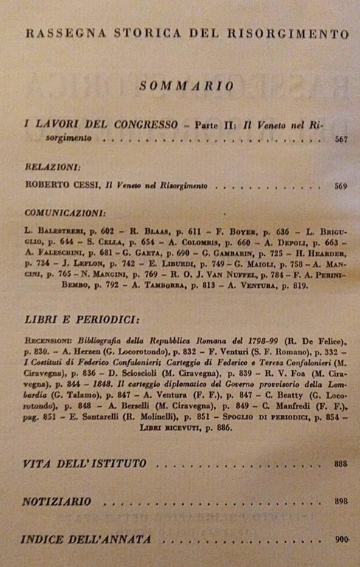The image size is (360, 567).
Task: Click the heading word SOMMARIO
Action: [187, 86]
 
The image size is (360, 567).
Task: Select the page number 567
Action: [340, 139]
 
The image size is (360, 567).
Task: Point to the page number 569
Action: [340, 185]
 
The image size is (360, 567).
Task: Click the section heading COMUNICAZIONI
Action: [64, 211]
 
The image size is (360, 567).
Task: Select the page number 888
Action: [340, 464]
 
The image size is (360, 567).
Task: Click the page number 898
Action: [340, 502]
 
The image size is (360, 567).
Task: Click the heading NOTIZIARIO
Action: [57, 501]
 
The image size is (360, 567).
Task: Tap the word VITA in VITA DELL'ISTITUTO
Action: [38, 464]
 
